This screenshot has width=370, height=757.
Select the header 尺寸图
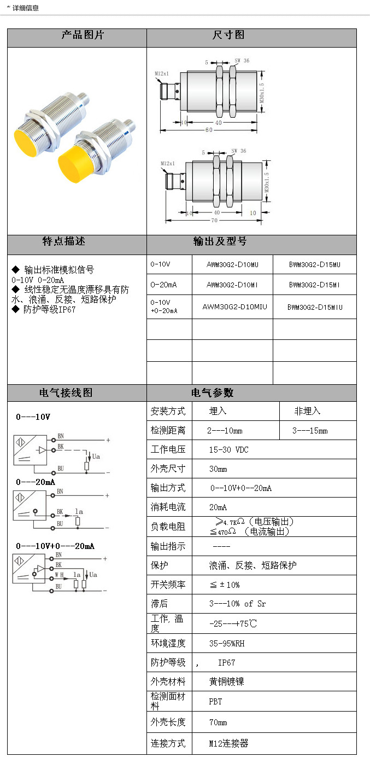(x=228, y=36)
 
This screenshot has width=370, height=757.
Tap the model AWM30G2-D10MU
(x=232, y=264)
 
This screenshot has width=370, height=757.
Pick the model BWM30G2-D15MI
(x=314, y=285)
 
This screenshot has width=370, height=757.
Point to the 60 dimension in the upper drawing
(x=209, y=130)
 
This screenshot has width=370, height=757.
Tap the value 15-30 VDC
(x=228, y=450)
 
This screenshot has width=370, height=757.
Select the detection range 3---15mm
(x=310, y=431)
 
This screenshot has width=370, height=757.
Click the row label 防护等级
(x=168, y=662)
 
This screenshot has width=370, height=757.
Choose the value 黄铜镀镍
(x=226, y=682)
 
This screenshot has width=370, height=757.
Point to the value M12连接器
(x=228, y=743)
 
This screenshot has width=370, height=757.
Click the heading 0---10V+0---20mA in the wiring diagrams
(x=55, y=546)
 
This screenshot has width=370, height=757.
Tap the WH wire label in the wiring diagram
(x=59, y=575)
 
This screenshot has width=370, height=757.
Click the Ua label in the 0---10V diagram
(x=96, y=456)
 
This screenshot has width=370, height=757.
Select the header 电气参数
(x=212, y=393)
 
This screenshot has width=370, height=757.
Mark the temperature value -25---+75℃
(x=233, y=623)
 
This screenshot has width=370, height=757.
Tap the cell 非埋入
(x=307, y=411)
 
